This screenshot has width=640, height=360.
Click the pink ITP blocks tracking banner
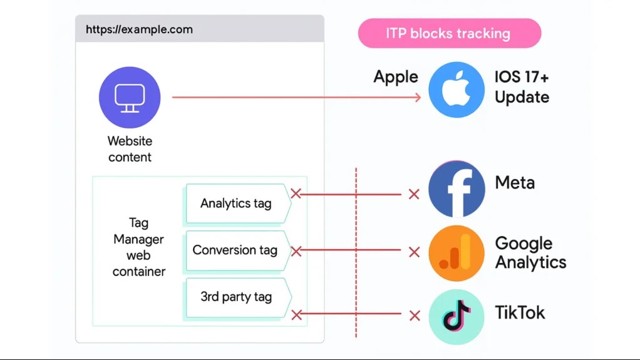pos(449,33)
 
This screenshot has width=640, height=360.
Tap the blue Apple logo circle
pos(456,90)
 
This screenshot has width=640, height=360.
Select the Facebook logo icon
pos(456,188)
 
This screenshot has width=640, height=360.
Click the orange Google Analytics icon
pos(456,253)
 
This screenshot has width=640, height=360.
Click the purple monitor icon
pos(130,98)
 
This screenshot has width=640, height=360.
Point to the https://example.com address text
pos(139,29)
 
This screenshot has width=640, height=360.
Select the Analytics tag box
pos(237,203)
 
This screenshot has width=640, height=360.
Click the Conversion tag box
pos(235,250)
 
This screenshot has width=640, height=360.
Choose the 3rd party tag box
pos(237,297)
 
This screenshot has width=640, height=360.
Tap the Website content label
pos(130,149)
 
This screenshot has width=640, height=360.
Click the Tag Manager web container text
pos(139,247)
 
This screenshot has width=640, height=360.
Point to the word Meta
pos(515,183)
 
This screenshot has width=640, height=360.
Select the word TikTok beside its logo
pos(520,312)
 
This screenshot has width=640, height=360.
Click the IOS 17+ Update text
pos(522,87)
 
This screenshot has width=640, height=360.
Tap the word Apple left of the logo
pos(396,77)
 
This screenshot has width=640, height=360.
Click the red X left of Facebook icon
pos(414,194)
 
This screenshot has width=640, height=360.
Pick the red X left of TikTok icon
pos(414,316)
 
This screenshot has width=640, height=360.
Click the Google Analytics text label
pos(530,252)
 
